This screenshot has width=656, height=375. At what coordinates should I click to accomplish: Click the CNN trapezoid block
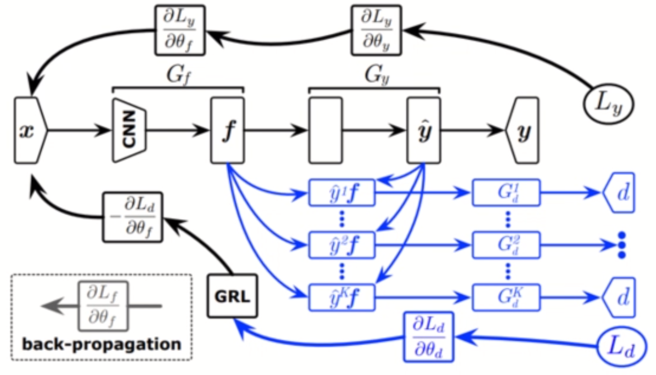tap(130, 130)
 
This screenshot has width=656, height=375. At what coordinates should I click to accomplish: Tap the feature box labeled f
tap(228, 130)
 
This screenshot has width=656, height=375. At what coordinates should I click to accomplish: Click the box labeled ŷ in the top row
tap(423, 130)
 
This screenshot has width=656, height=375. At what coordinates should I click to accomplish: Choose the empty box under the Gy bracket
tap(325, 130)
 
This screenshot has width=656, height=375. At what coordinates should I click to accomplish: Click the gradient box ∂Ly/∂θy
tap(376, 29)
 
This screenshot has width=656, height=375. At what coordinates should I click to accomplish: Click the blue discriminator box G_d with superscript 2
tap(506, 244)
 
